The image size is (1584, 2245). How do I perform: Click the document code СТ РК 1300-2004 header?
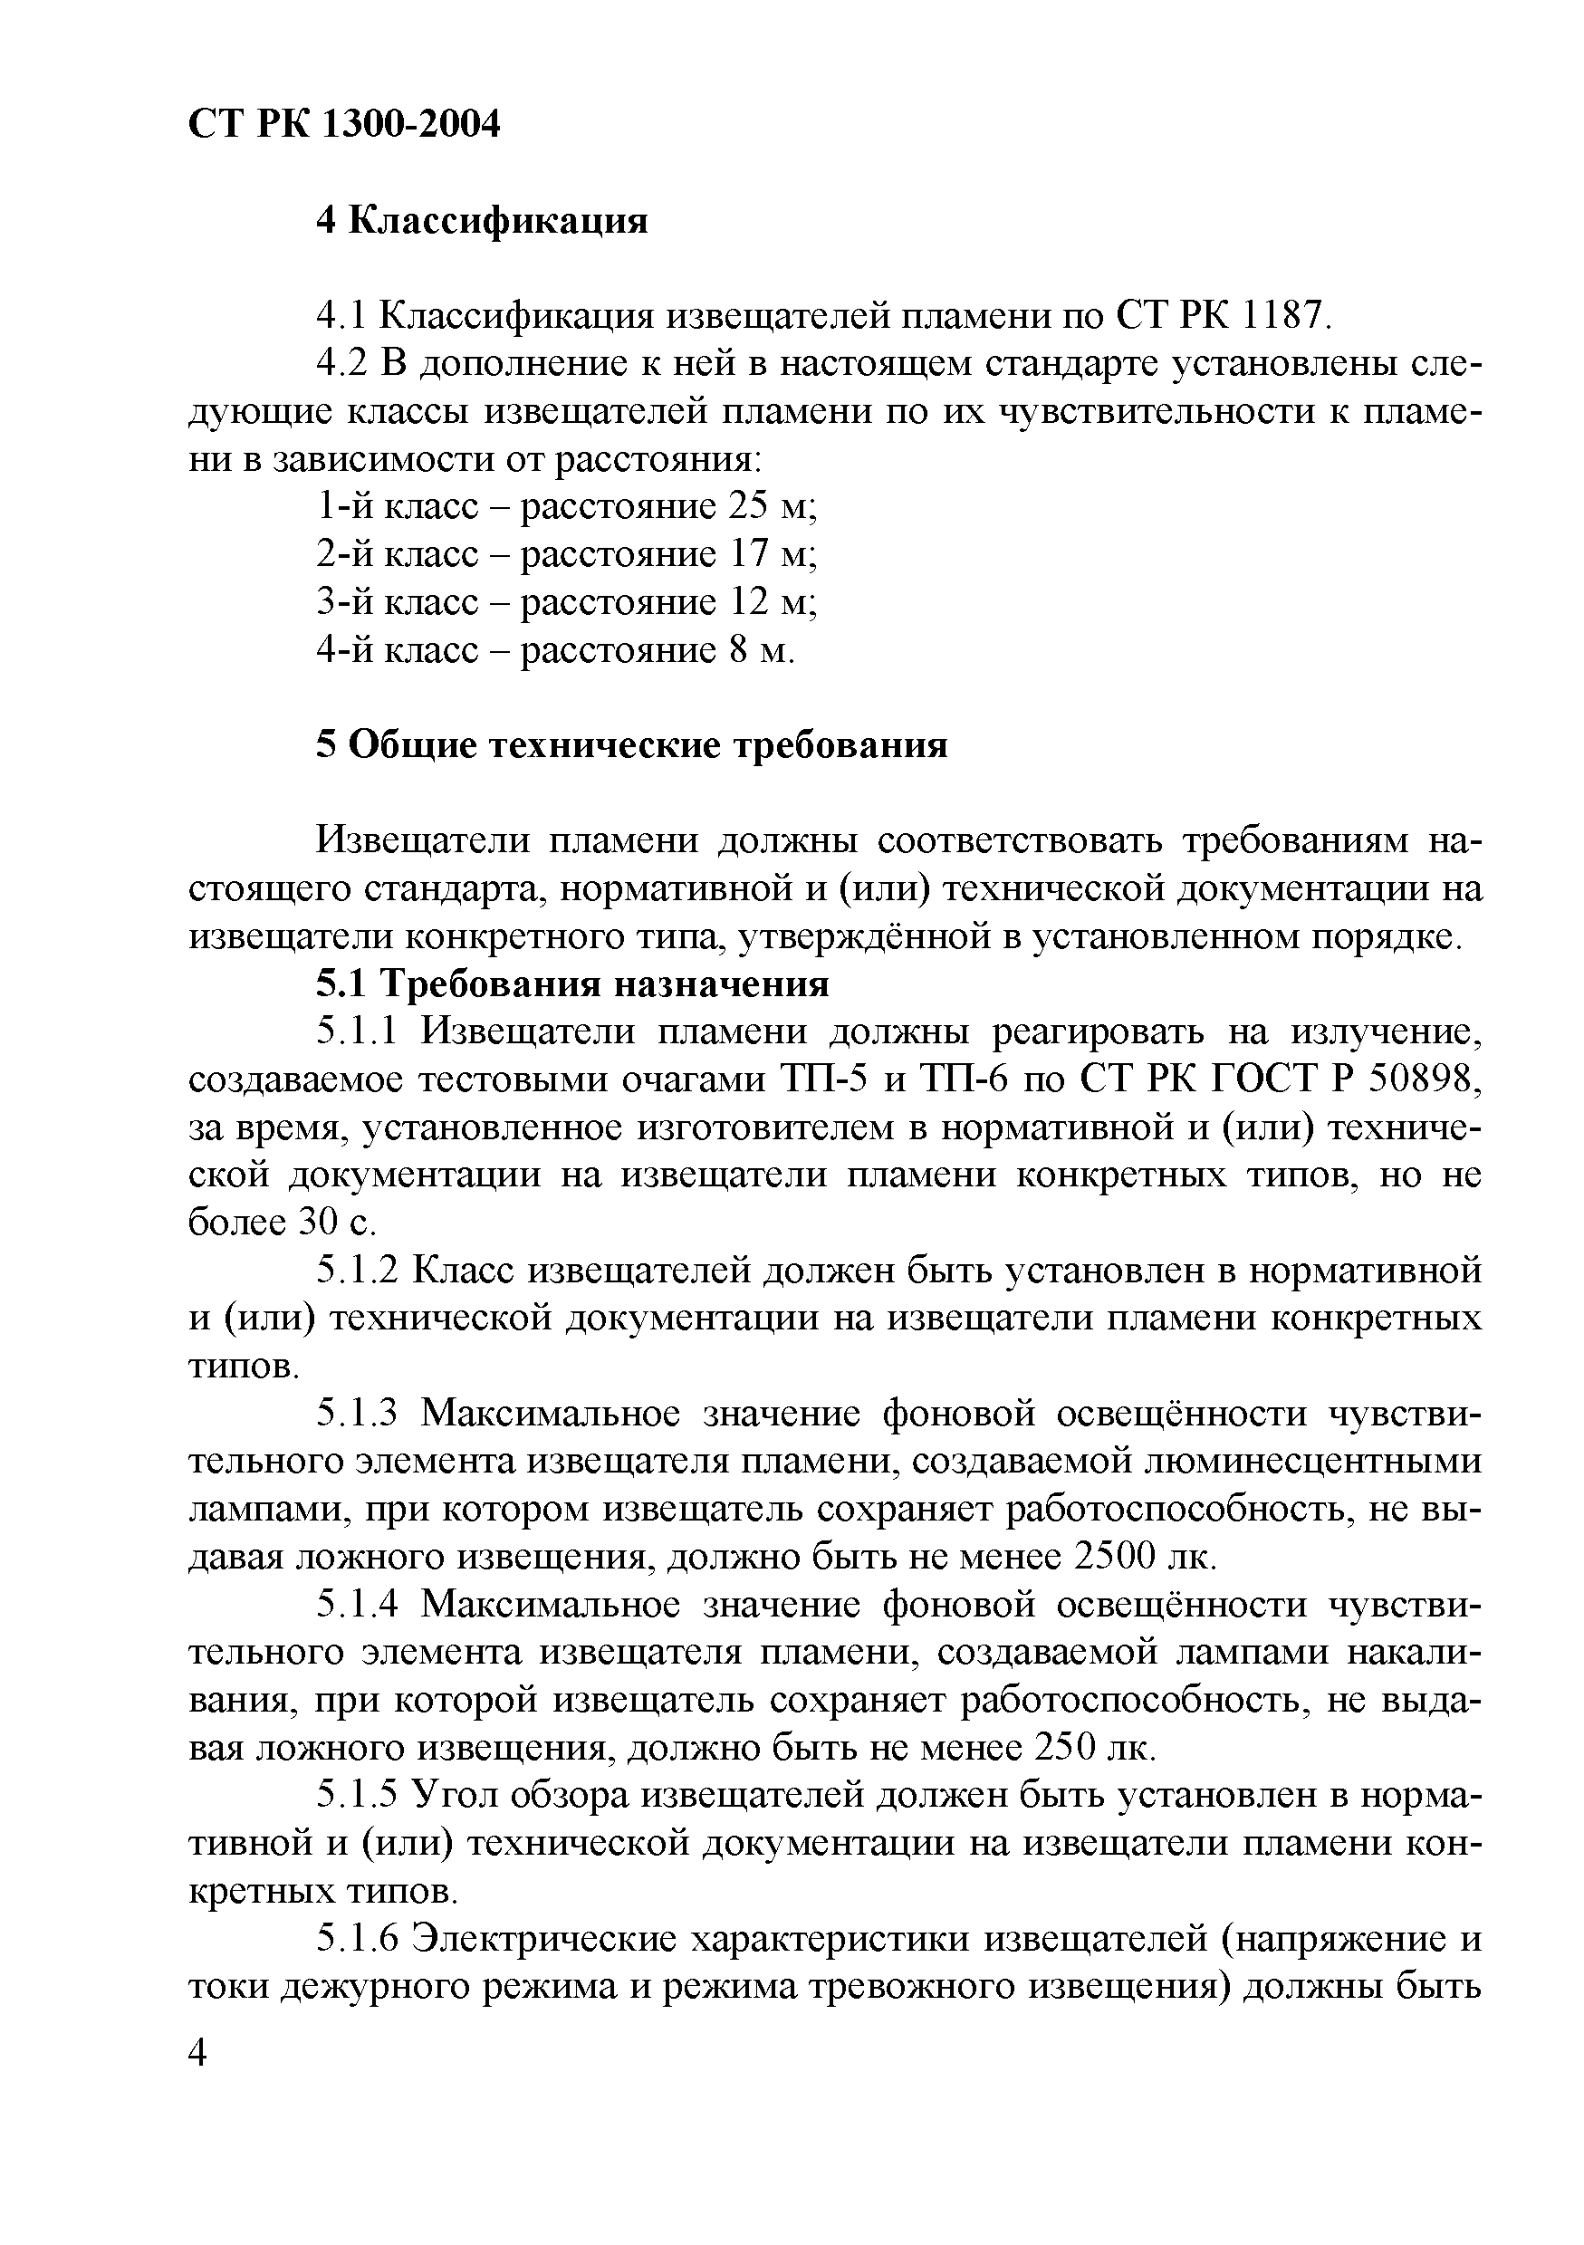click(x=343, y=124)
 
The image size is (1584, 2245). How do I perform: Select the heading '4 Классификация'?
click(x=481, y=221)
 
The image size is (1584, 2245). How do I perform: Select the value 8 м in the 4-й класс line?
click(x=759, y=650)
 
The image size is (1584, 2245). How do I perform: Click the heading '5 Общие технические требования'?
click(x=631, y=745)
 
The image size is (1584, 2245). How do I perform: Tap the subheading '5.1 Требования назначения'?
click(x=572, y=983)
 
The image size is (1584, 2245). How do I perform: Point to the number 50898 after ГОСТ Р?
click(x=1424, y=1079)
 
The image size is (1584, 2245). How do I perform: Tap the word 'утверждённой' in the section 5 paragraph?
click(x=864, y=936)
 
